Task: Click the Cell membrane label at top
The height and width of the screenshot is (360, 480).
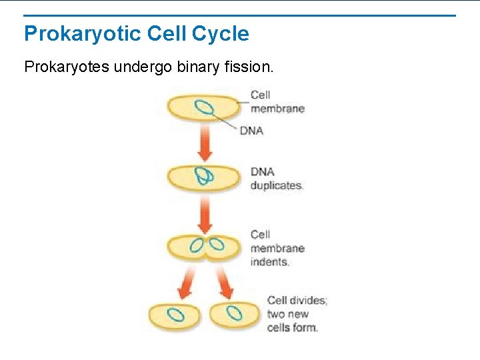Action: coord(277,101)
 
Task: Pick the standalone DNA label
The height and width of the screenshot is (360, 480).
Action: coord(251,131)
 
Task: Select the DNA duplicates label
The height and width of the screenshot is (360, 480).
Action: coord(276,179)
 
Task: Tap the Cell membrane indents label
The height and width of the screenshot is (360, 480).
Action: coord(277,248)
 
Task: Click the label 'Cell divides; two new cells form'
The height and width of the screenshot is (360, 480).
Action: coord(297,313)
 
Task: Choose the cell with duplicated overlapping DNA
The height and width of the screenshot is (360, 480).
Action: coord(204,177)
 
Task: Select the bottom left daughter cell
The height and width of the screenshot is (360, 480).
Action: coord(175,315)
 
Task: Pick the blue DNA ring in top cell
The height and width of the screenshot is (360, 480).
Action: coord(204,107)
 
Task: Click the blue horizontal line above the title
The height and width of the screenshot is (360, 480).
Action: coord(240,15)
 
